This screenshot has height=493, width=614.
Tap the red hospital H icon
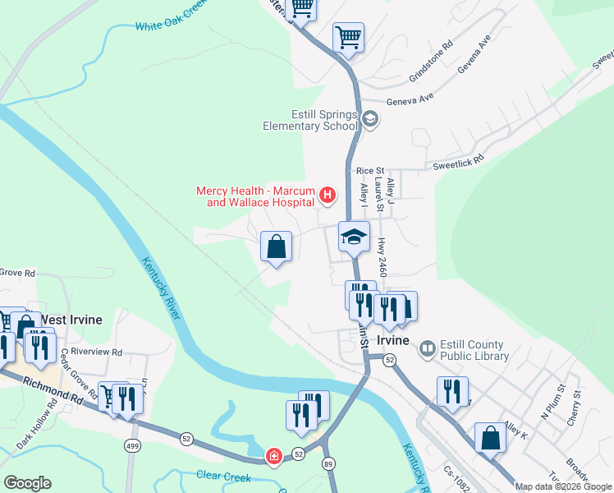tap(328, 196)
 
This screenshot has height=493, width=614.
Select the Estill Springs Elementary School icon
tap(369, 120)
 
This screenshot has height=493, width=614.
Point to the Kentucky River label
tap(161, 288)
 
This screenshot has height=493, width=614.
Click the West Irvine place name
tap(71, 319)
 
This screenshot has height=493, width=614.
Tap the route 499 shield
tap(131, 445)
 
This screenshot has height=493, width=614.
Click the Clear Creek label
tap(224, 475)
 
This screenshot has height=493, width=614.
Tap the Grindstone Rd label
tap(431, 62)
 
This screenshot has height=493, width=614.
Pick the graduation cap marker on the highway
tap(354, 237)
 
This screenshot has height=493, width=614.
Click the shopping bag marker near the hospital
tap(277, 246)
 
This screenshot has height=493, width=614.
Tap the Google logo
tap(27, 483)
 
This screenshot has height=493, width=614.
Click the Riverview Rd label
tap(96, 352)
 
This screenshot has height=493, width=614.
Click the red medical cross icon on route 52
tap(273, 456)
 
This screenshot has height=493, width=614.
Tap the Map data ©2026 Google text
tap(562, 486)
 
